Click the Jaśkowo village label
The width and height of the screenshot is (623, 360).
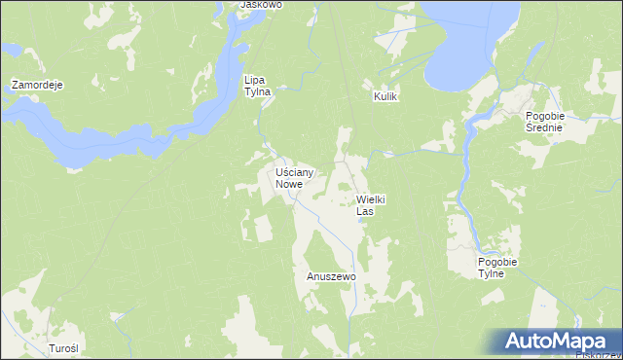261,5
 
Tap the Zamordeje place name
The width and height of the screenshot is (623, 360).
37,86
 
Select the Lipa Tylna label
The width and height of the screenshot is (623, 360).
256,86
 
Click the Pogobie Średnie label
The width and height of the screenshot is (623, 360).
552,121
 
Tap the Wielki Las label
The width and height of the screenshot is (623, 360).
365,204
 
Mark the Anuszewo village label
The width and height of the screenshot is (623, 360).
332,276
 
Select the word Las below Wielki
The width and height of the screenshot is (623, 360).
365,210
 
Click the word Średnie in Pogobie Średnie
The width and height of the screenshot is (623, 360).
552,126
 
